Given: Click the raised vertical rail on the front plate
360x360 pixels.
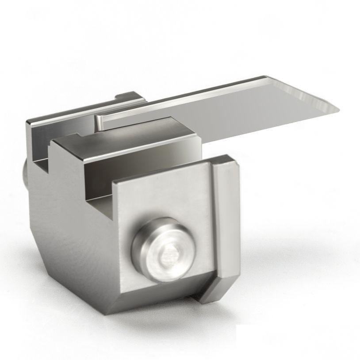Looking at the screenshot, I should coord(226,221).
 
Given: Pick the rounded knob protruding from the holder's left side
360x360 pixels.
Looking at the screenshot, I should coord(25,175).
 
